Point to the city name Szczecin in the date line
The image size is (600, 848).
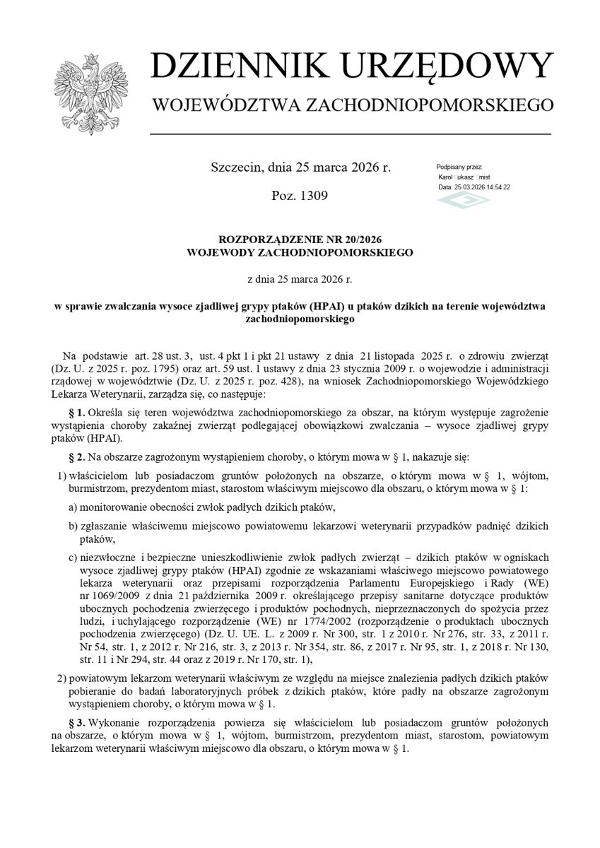tap(236, 167)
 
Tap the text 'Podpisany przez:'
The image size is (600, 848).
tap(459, 167)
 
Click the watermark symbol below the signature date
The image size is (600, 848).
tap(464, 201)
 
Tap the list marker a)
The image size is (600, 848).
tap(73, 507)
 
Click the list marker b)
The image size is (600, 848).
tap(73, 526)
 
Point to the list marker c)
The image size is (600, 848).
tap(73, 558)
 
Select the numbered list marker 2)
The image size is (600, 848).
tap(61, 678)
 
